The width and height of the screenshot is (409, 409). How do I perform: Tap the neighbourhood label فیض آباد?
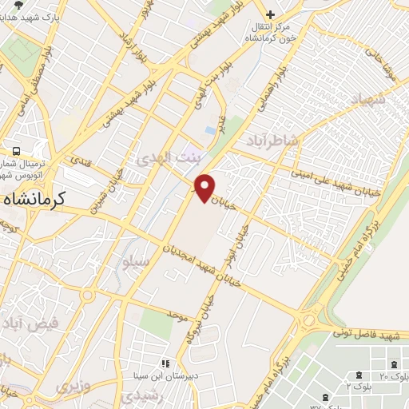coord(32,324)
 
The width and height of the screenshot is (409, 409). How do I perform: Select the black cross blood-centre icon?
coord(270,14)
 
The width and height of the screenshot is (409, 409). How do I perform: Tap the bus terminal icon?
coord(16,151)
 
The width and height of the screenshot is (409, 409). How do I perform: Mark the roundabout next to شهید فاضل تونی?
coord(308,320)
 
